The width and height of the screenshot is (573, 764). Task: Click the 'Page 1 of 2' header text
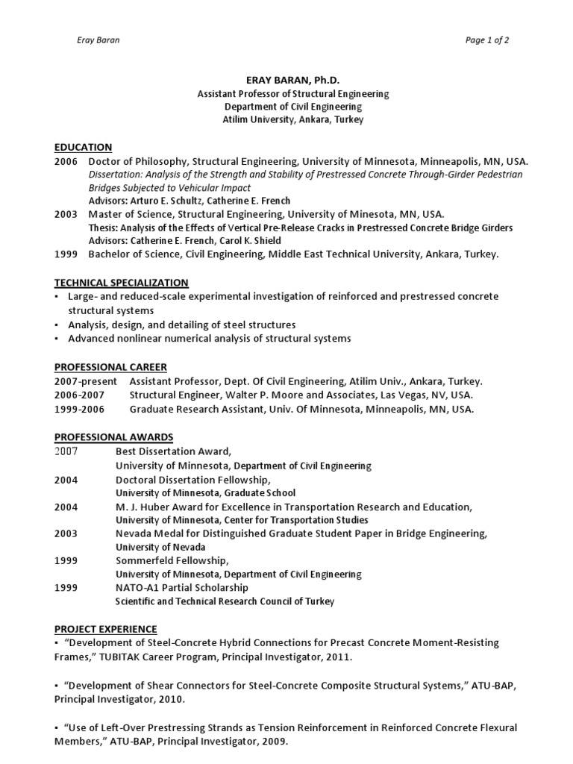(x=487, y=40)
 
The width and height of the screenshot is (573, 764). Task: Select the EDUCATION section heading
(x=83, y=147)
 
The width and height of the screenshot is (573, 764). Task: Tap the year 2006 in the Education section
(x=66, y=161)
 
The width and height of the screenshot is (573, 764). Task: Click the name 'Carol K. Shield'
(x=254, y=241)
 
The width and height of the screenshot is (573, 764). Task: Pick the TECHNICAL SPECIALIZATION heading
(x=121, y=283)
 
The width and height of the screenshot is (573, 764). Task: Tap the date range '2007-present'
(x=86, y=381)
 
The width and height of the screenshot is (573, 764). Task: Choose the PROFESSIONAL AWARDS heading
(x=113, y=436)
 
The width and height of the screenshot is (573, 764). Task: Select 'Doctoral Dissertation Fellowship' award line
(x=192, y=480)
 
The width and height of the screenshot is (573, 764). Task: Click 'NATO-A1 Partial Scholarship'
(x=181, y=588)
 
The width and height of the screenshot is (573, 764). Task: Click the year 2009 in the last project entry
(x=274, y=742)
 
